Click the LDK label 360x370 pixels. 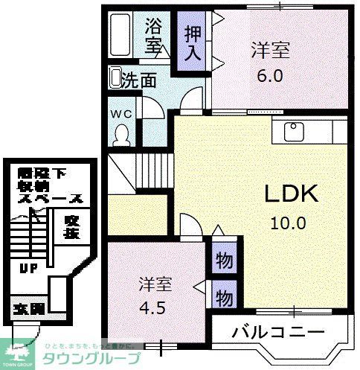[292, 194]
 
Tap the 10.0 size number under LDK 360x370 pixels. [292, 222]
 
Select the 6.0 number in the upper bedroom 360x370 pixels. [270, 75]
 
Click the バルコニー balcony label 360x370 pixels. [278, 331]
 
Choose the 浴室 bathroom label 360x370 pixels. [153, 34]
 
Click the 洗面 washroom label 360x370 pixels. [139, 78]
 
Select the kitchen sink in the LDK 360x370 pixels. [292, 133]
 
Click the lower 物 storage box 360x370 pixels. [222, 298]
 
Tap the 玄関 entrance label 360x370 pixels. [28, 308]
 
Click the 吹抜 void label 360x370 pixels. [71, 227]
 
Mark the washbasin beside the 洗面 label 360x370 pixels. [115, 77]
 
